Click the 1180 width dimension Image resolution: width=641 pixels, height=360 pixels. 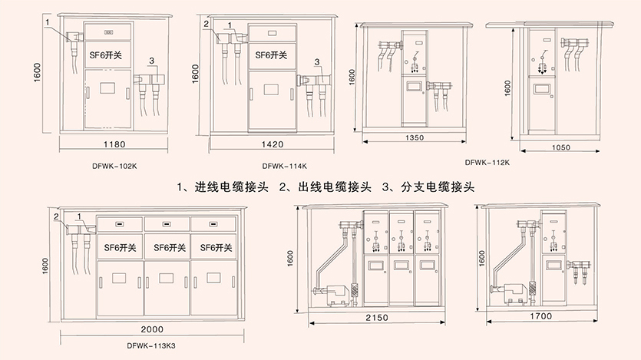click(114, 144)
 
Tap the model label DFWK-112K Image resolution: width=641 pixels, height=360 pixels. click(487, 162)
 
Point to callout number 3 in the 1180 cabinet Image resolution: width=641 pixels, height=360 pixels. click(153, 60)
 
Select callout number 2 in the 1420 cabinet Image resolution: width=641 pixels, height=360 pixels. click(206, 24)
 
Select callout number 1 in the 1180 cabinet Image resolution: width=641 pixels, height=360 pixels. click(48, 22)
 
